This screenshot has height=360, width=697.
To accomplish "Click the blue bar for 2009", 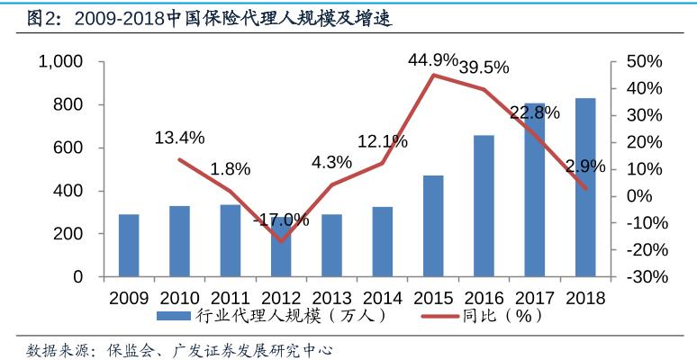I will click(129, 246).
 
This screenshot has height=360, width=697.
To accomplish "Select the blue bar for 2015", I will click(434, 226).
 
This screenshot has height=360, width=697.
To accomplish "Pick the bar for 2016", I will click(484, 206).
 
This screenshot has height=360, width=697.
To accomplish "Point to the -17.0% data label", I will click(281, 220).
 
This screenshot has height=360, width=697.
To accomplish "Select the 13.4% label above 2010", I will click(179, 138).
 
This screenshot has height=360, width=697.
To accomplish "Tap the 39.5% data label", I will click(484, 67).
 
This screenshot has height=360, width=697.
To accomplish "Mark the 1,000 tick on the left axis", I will click(60, 61).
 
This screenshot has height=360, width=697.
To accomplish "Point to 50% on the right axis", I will click(643, 61).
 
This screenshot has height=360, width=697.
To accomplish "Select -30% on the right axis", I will click(643, 277).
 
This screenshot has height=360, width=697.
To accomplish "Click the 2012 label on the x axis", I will click(281, 297).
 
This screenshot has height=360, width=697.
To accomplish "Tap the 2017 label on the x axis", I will click(535, 297).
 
